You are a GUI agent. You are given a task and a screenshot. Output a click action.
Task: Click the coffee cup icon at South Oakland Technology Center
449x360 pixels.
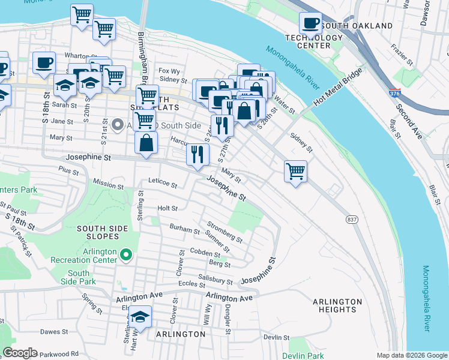310,24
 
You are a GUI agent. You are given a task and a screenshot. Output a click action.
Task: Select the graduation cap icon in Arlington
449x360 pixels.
140,316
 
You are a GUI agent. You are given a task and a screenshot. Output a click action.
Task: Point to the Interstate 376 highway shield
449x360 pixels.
394,95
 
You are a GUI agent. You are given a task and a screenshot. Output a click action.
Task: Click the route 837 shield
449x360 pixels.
352,220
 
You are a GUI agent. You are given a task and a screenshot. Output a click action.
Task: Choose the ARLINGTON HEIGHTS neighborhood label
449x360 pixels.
337,305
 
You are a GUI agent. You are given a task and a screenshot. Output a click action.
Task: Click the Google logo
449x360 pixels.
20,353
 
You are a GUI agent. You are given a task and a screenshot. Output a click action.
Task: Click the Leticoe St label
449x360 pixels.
163,183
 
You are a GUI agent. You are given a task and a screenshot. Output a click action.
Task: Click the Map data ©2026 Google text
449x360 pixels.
411,355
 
